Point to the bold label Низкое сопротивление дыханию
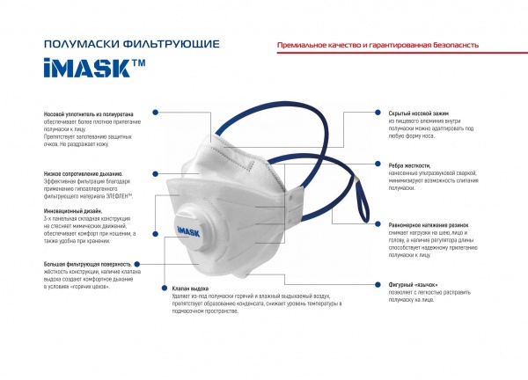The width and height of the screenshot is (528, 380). pyautogui.click(x=83, y=174)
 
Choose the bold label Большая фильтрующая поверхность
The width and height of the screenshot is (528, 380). pyautogui.click(x=88, y=264)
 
